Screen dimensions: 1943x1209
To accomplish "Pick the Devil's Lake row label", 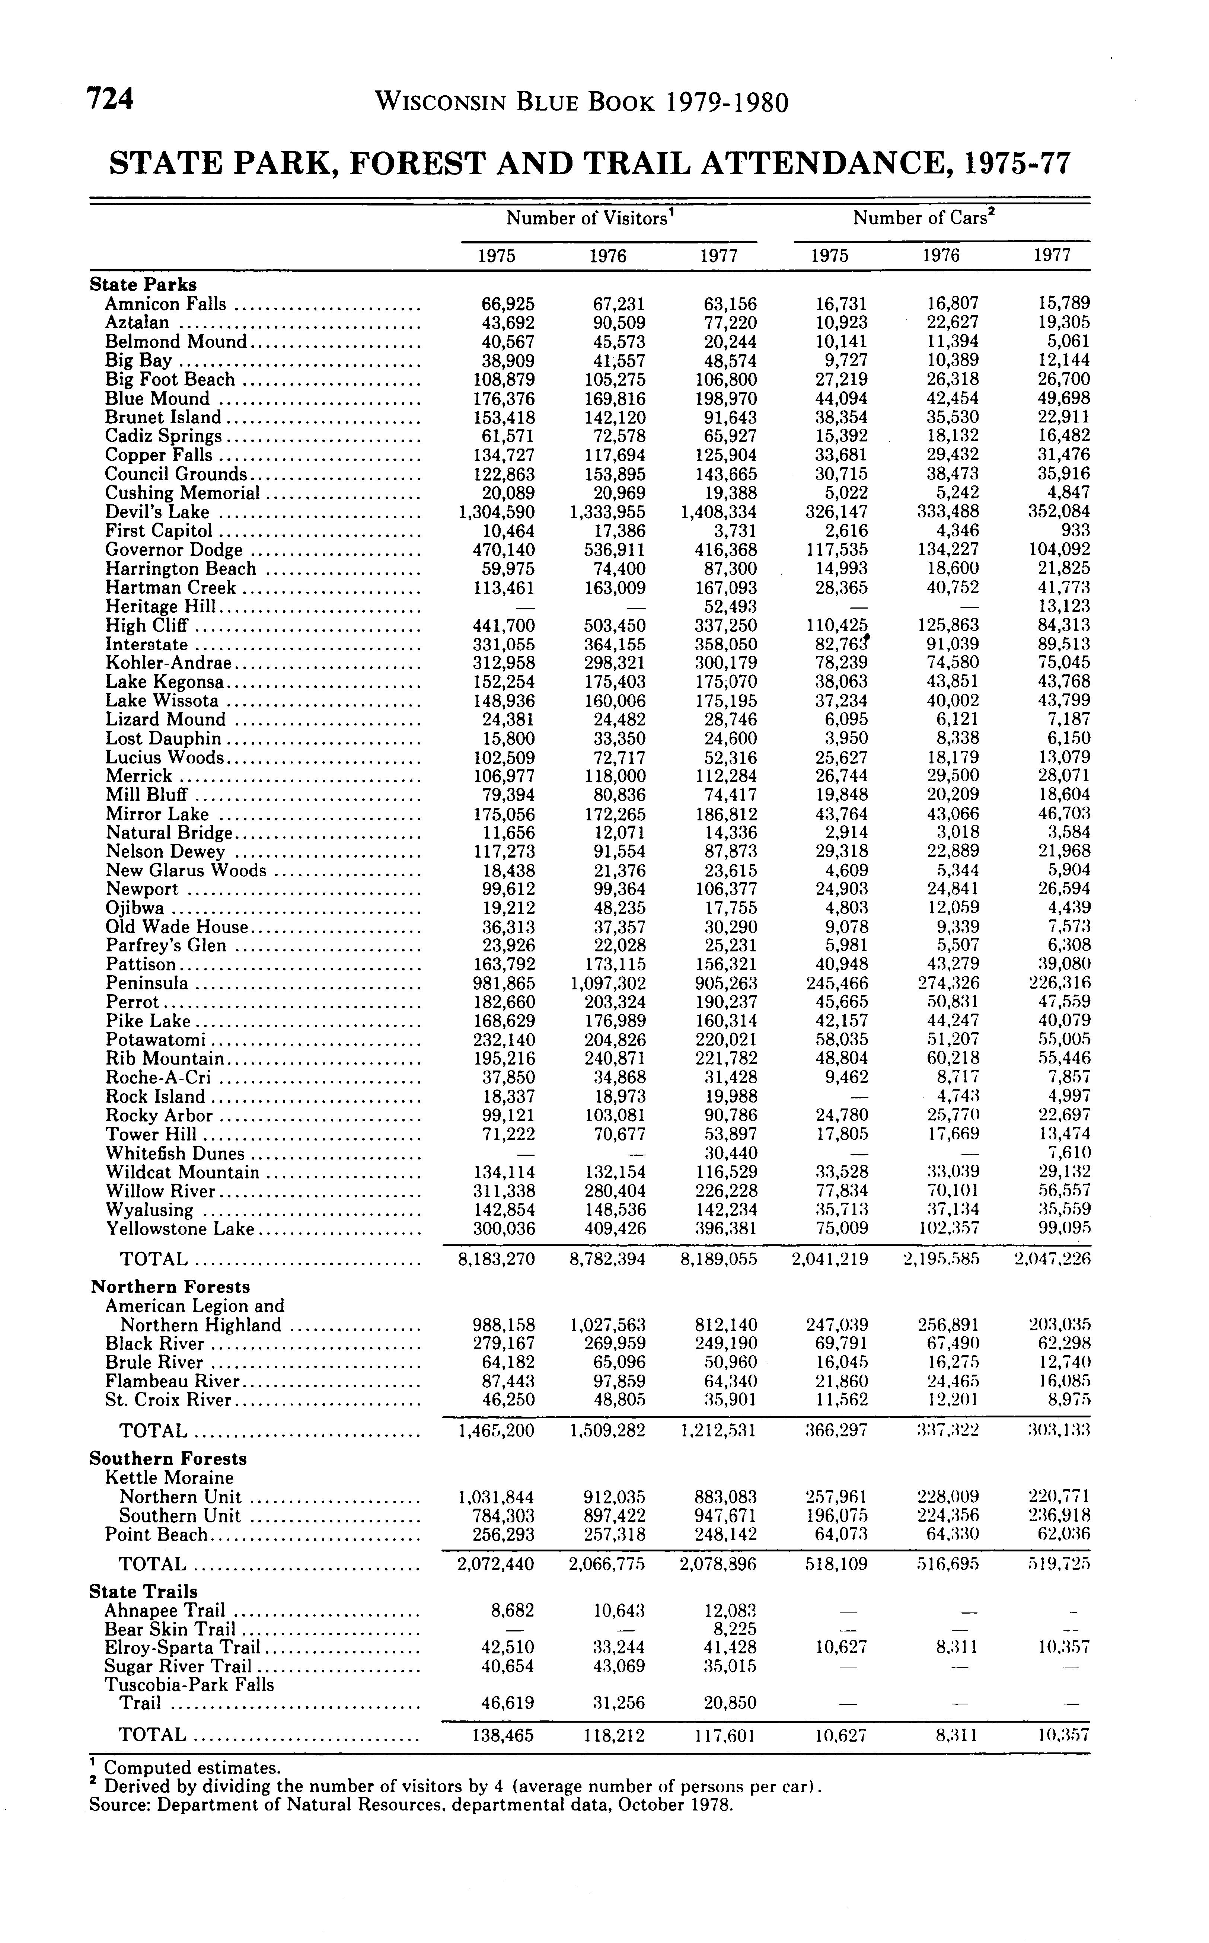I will [157, 512].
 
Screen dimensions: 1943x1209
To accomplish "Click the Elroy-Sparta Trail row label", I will [183, 1647].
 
